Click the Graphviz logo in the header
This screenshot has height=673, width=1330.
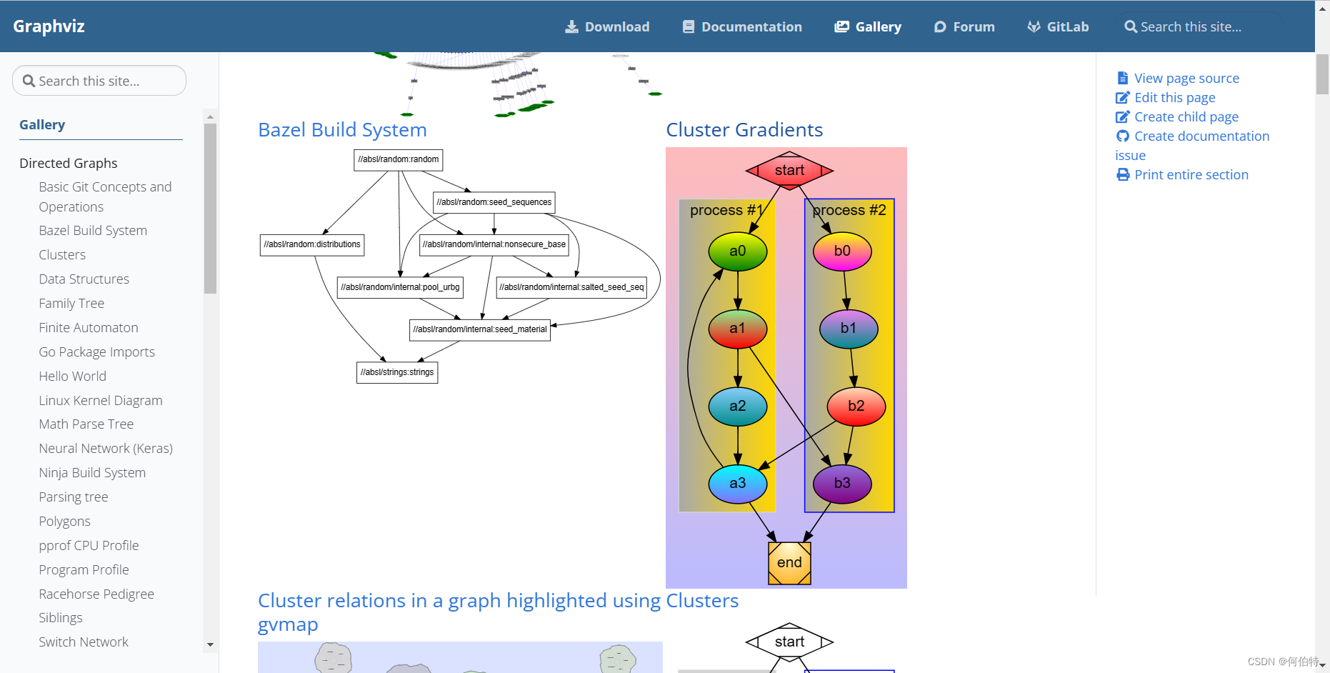coord(49,26)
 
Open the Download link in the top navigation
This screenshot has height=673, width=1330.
coord(607,26)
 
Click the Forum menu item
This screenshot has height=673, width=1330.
coord(964,26)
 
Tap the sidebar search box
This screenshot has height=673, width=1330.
coord(99,81)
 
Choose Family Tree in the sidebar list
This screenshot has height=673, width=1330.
coord(71,303)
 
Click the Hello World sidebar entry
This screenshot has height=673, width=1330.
coord(72,376)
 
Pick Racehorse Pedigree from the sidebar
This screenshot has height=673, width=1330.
coord(96,594)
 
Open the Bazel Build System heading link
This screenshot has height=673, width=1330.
coord(342,130)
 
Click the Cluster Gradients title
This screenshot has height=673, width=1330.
coord(744,130)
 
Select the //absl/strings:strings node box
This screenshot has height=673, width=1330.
coord(397,372)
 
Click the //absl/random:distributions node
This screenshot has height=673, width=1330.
coord(312,244)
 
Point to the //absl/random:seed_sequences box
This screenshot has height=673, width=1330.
coord(494,202)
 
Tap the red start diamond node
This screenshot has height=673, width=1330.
coord(789,170)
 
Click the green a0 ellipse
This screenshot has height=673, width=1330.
coord(737,251)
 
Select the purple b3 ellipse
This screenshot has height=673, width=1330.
coord(842,483)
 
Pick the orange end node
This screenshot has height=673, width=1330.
coord(789,563)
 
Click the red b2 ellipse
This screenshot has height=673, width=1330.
coord(856,406)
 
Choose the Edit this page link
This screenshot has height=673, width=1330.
coord(1174,98)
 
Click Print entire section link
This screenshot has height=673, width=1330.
coord(1191,175)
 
